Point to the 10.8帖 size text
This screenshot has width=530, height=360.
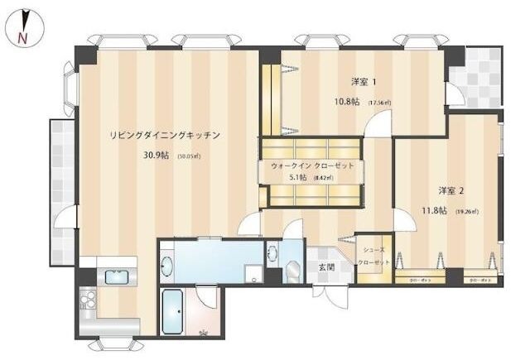[x=346, y=102]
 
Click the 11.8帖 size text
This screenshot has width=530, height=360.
[x=435, y=211]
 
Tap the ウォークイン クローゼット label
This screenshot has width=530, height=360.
[x=312, y=166]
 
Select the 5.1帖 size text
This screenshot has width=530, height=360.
[x=298, y=177]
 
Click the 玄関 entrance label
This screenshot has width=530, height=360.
[x=325, y=267]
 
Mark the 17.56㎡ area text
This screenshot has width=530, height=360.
[x=378, y=103]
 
